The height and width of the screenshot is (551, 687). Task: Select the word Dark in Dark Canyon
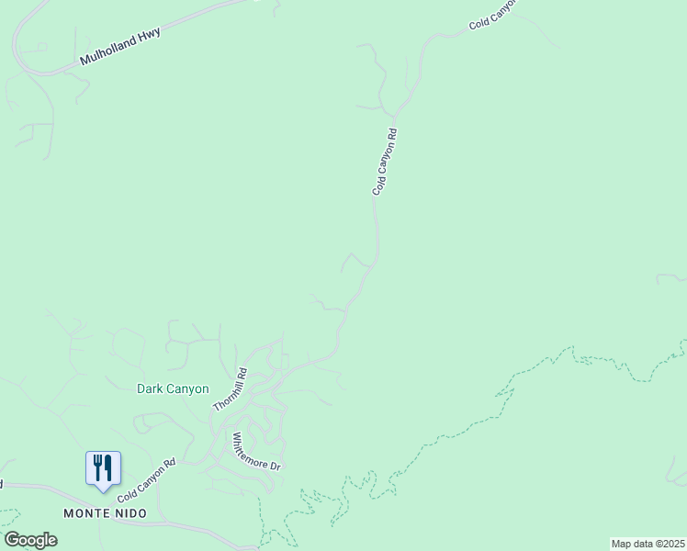pyautogui.click(x=150, y=388)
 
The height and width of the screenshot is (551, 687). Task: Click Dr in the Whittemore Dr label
pyautogui.click(x=274, y=466)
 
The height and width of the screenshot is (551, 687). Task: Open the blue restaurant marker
pyautogui.click(x=103, y=468)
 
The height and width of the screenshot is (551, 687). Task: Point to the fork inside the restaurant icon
pyautogui.click(x=96, y=467)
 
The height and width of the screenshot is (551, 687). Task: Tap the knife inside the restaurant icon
pyautogui.click(x=108, y=467)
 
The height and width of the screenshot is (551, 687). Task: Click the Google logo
pyautogui.click(x=30, y=540)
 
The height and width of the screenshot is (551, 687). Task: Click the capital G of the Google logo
pyautogui.click(x=11, y=539)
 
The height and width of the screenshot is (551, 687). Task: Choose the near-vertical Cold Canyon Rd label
pyautogui.click(x=385, y=161)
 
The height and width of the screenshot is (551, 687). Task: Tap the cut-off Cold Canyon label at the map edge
pyautogui.click(x=492, y=14)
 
